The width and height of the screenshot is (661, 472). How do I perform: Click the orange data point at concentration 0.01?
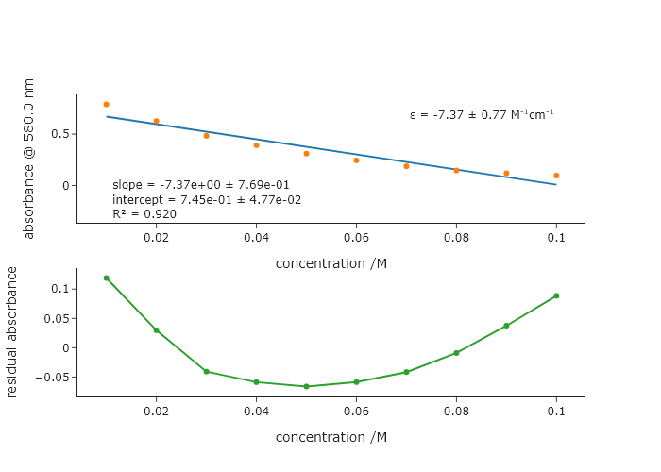pos(106,104)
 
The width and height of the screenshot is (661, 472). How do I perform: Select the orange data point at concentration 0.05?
pos(306,153)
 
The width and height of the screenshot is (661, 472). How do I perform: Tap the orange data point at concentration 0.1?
pos(556,176)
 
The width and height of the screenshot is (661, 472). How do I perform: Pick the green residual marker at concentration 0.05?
pos(306,386)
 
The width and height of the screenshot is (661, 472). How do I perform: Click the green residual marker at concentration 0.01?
pos(106,278)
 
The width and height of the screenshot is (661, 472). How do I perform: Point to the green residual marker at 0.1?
pos(556,295)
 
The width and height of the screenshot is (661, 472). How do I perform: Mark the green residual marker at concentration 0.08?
pos(456,353)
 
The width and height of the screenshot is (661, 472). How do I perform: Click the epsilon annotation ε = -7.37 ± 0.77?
pos(482,115)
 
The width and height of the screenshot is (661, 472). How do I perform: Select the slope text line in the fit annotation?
pos(200,185)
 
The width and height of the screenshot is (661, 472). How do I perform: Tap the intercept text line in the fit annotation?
pos(206,200)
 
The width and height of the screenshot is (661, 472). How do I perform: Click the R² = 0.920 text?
pos(144,214)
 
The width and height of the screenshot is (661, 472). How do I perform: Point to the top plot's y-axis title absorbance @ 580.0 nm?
pos(28,159)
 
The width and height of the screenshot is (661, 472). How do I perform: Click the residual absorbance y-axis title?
pos(12,331)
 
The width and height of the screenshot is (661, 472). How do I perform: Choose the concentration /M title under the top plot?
pos(330,263)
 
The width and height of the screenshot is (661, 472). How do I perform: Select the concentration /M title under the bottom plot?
pos(330,437)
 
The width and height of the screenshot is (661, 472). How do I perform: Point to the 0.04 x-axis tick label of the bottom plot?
pos(256,413)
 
